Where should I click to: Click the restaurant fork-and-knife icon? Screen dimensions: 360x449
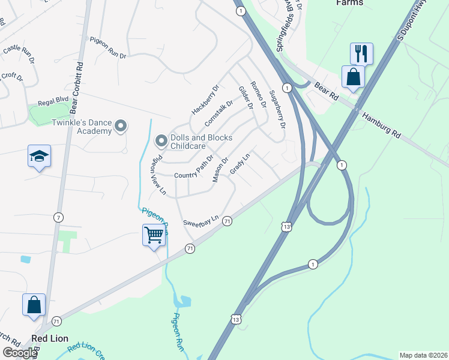[361, 53]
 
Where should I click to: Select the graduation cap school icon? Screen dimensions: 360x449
[39, 157]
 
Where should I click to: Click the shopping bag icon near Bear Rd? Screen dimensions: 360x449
[353, 77]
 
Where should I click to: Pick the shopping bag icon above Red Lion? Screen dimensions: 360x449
[34, 304]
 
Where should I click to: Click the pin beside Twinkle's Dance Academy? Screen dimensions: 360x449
[121, 126]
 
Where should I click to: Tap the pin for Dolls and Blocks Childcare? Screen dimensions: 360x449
[161, 141]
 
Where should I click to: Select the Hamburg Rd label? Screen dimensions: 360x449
[381, 125]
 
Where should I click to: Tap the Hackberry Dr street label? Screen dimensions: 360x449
[206, 100]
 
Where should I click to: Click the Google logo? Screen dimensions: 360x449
[20, 353]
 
